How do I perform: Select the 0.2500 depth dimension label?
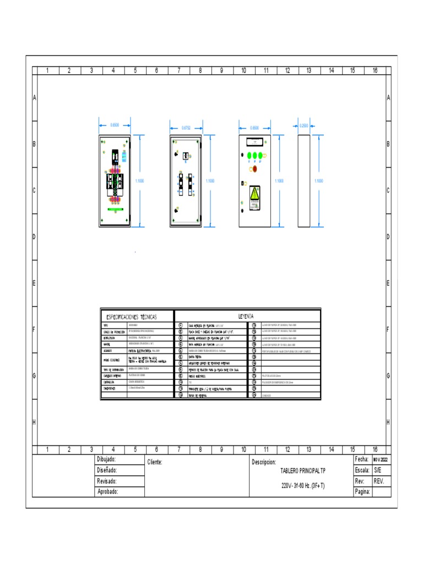(x=304, y=126)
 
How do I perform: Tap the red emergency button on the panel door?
(x=254, y=169)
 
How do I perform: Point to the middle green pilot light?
(x=255, y=156)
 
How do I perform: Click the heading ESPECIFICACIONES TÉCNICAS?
(x=131, y=317)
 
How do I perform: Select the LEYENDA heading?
(x=246, y=317)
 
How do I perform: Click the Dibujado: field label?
(x=106, y=460)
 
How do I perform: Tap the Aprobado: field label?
(x=107, y=492)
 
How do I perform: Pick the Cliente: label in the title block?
(x=155, y=462)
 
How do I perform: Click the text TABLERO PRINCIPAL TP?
(x=303, y=472)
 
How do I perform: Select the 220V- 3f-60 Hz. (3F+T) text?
(x=302, y=486)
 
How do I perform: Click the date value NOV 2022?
(x=381, y=460)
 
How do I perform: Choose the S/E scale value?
(x=377, y=471)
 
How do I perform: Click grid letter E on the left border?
(x=35, y=283)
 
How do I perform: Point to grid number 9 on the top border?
(x=221, y=70)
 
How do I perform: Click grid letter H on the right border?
(x=388, y=422)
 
